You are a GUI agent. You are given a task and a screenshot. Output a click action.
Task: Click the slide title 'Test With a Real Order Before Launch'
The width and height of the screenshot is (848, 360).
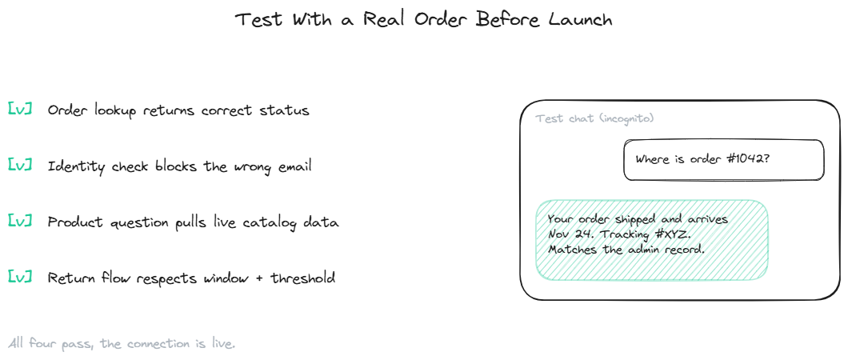pyautogui.click(x=424, y=20)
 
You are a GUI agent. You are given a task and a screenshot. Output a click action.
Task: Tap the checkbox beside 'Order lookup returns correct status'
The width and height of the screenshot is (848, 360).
pyautogui.click(x=19, y=109)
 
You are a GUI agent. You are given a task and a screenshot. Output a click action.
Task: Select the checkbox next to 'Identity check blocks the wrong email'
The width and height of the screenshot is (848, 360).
pyautogui.click(x=19, y=165)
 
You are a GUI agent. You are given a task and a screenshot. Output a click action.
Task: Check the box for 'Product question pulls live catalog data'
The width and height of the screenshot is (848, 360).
pyautogui.click(x=19, y=221)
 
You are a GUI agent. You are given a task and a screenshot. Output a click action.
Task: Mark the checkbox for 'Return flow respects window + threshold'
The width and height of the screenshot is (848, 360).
pyautogui.click(x=19, y=277)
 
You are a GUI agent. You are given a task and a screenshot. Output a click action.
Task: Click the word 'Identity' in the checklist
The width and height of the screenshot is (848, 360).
pyautogui.click(x=76, y=166)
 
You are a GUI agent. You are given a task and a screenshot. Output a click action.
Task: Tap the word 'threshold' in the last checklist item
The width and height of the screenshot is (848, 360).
pyautogui.click(x=303, y=278)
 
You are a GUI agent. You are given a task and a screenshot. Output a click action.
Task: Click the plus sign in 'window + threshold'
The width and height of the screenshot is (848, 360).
pyautogui.click(x=259, y=279)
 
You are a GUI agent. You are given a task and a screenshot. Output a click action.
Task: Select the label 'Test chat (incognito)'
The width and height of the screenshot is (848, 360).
pyautogui.click(x=594, y=118)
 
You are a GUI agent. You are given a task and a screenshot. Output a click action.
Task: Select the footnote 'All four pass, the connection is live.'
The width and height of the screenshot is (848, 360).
pyautogui.click(x=122, y=343)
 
